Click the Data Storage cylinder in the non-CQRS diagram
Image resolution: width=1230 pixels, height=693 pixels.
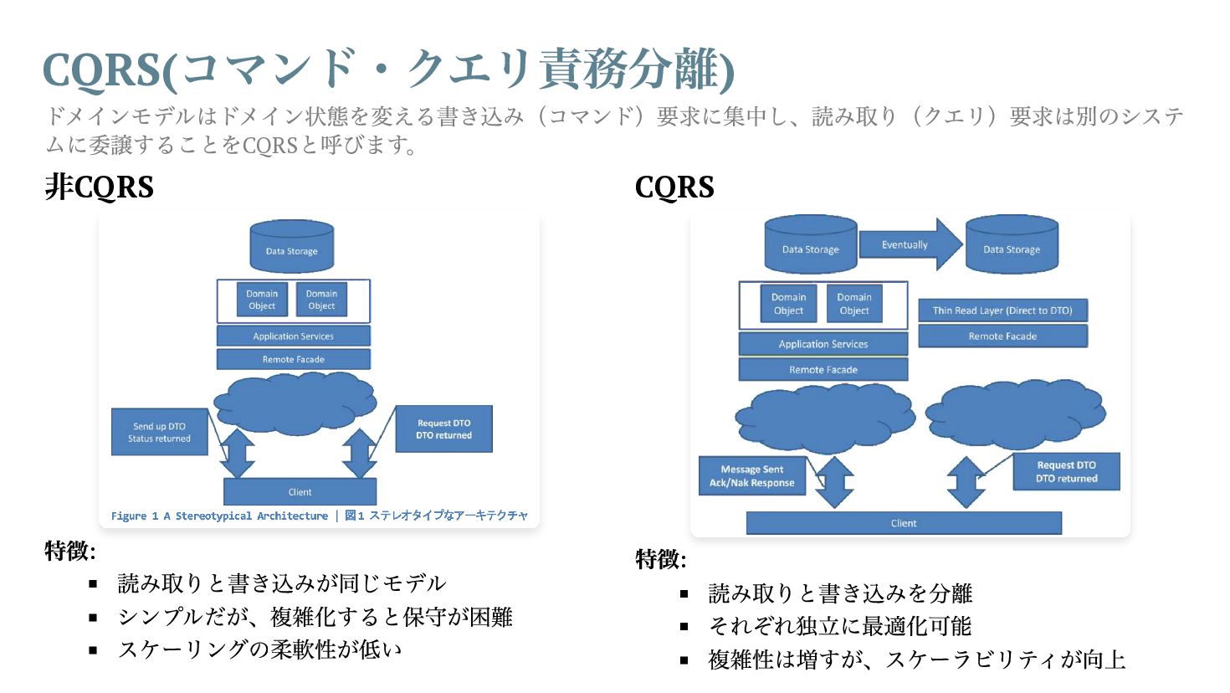pos(291,247)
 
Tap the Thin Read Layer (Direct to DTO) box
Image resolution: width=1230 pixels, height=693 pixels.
pos(1002,311)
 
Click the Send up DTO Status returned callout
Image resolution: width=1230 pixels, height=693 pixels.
pos(159,432)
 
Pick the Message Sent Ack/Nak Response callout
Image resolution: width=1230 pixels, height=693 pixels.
pos(751,475)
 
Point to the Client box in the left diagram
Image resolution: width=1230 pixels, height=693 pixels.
pos(300,491)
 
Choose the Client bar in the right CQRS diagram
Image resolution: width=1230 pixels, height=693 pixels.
pos(904,523)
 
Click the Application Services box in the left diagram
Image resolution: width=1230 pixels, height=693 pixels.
pos(293,336)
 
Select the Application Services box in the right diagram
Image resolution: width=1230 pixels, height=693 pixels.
pos(823,344)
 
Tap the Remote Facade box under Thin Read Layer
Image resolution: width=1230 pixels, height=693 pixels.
pos(1002,336)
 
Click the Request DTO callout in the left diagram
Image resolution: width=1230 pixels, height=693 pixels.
pos(443,429)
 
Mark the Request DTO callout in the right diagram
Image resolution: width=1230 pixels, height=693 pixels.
pos(1066,472)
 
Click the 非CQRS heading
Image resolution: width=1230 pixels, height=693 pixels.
pos(100,187)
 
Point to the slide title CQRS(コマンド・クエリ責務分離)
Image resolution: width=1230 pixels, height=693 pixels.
pos(388,69)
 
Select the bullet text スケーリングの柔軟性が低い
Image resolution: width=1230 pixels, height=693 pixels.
pos(260,649)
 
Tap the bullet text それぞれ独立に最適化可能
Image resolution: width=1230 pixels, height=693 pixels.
pos(839,626)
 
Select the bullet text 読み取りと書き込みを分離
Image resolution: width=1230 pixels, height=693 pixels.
pos(840,593)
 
